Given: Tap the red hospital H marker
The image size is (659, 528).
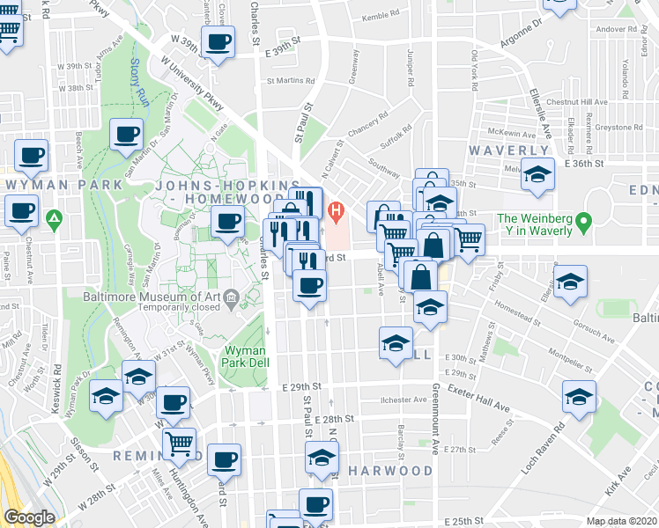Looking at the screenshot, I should point(335,211).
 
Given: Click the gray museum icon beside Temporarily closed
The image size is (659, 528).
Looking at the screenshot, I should point(232,297).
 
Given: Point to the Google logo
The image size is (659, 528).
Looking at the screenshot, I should point(29,517).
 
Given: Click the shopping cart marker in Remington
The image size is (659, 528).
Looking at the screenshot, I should point(179,442).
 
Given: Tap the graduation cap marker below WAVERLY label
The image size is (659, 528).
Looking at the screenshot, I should point(537,173).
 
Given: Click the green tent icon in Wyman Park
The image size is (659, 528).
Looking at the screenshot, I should point(55,216).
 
